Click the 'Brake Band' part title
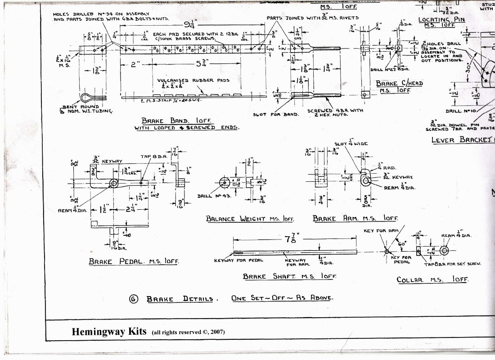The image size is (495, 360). tap(176, 121)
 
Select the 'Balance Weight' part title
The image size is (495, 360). tap(250, 219)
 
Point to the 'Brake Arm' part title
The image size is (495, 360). tap(355, 218)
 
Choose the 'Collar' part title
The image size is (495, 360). tap(432, 279)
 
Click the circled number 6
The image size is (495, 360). tap(134, 299)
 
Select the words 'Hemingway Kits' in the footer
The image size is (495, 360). tap(109, 332)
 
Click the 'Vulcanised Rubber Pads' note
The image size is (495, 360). tap(193, 81)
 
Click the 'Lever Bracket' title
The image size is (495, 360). tap(462, 139)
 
